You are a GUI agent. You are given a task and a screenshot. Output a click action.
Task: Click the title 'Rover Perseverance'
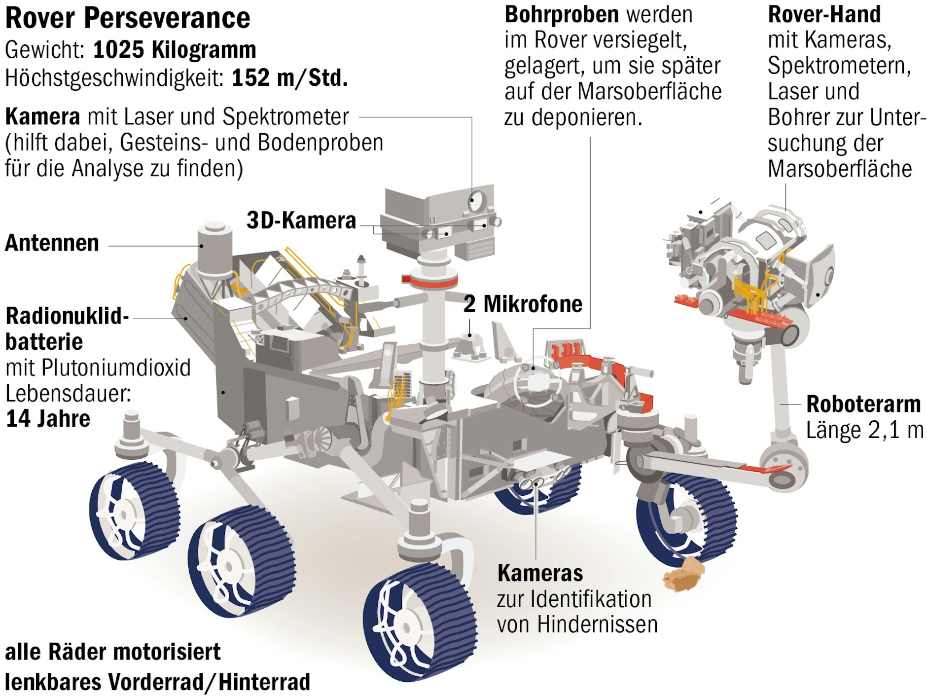[x=127, y=18]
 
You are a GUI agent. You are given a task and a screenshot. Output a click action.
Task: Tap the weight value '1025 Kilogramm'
[x=175, y=50]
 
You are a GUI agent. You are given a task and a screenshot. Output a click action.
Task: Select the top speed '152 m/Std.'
[x=289, y=77]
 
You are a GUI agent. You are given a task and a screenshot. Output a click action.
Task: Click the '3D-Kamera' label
[x=301, y=220]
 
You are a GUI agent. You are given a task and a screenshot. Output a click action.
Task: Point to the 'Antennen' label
[x=52, y=243]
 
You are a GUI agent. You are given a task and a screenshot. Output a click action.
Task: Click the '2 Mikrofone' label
[x=523, y=304]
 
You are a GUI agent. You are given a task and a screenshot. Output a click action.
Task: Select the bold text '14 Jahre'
[x=48, y=419]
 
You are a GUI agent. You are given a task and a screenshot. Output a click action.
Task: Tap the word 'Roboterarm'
[x=863, y=404]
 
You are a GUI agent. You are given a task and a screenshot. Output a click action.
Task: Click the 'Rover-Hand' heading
[x=824, y=14]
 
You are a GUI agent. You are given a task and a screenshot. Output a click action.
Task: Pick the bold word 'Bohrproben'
[x=562, y=14]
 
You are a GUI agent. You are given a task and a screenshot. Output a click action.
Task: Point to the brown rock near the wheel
[x=684, y=574]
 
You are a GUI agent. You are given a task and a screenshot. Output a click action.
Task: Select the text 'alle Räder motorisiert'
[x=112, y=652]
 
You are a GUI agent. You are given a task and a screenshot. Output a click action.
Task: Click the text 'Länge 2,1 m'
[x=864, y=430]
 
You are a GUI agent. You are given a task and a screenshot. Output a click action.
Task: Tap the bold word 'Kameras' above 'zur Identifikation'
[x=540, y=573]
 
